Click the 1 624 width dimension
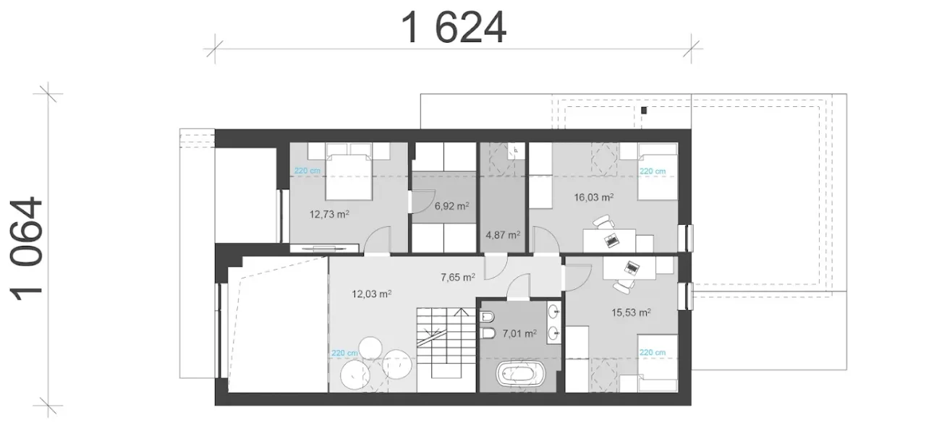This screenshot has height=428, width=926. (454, 27)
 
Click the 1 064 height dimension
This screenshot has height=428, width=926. (27, 249)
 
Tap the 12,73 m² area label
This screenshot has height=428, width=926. (329, 214)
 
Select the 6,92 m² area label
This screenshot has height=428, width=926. (452, 205)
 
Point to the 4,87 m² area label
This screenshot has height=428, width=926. (503, 235)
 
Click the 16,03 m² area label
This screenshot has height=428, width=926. (594, 197)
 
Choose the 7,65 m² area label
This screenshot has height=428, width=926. (458, 277)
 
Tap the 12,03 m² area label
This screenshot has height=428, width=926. (372, 294)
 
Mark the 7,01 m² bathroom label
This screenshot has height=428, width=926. (519, 333)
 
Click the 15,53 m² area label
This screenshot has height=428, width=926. (632, 312)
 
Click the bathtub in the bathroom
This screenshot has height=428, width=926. (520, 374)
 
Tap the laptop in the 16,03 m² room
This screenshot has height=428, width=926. (611, 239)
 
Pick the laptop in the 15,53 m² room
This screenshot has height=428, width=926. (632, 267)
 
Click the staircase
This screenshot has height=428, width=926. (446, 342)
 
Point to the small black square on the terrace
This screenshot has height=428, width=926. (644, 111)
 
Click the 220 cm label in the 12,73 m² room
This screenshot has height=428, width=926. (307, 170)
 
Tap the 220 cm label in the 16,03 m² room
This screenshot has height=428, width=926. (653, 171)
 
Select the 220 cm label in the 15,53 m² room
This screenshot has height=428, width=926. (653, 352)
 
